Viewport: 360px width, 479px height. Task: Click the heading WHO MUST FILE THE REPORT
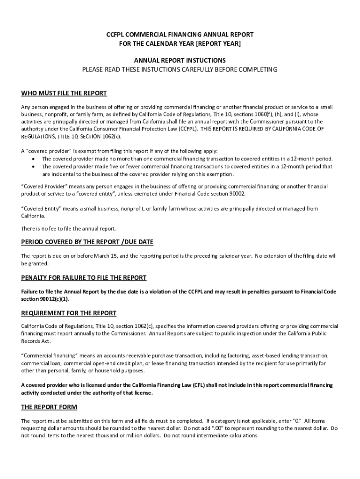click(x=64, y=93)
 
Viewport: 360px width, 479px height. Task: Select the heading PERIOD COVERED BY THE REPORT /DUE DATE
click(x=87, y=242)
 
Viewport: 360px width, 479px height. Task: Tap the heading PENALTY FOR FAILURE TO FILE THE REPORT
click(x=84, y=277)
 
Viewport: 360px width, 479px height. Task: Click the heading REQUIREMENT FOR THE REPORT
click(x=69, y=313)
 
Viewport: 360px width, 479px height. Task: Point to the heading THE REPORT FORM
click(x=49, y=407)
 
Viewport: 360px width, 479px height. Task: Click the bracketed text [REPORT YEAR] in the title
click(x=219, y=44)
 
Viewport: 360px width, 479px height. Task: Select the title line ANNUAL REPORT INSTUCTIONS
click(x=180, y=60)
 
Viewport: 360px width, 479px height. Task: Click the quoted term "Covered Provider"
click(x=42, y=187)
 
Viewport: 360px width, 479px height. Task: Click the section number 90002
click(x=236, y=194)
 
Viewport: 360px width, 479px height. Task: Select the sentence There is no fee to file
click(x=69, y=229)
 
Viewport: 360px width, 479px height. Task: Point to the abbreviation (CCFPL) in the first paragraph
click(x=185, y=129)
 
